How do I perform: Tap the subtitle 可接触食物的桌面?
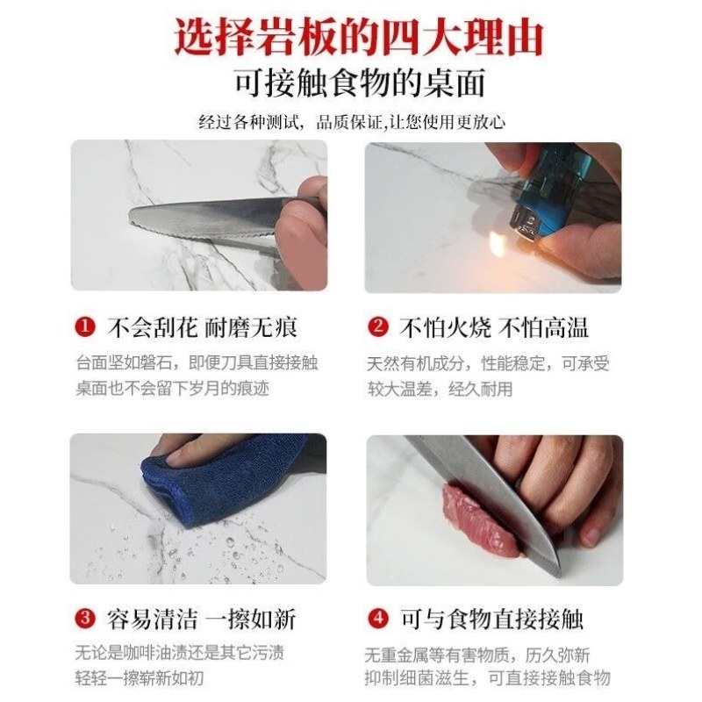(358, 84)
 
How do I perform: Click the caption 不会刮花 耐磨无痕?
(202, 328)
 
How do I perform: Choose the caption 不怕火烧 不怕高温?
(494, 328)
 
